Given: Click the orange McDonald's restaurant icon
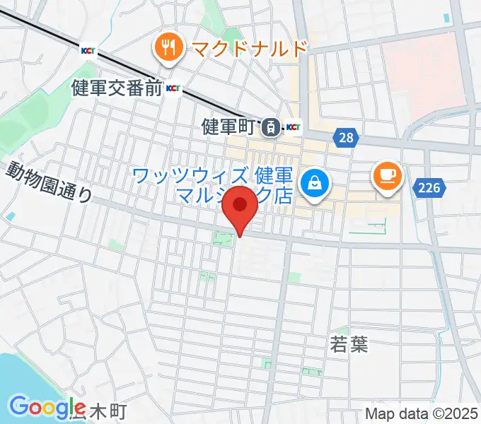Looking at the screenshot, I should (168, 49).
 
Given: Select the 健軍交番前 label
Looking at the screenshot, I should (117, 88).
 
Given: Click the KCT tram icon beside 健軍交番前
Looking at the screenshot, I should (173, 88).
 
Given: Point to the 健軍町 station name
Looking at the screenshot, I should (227, 127).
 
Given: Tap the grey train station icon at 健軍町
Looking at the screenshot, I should (270, 128).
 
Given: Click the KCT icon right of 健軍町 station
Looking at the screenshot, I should (293, 128).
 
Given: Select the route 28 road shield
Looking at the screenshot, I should (345, 138).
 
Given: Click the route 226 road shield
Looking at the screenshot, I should (428, 187).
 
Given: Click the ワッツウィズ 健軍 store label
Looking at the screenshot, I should (212, 175).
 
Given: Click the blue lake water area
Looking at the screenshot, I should (18, 382).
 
